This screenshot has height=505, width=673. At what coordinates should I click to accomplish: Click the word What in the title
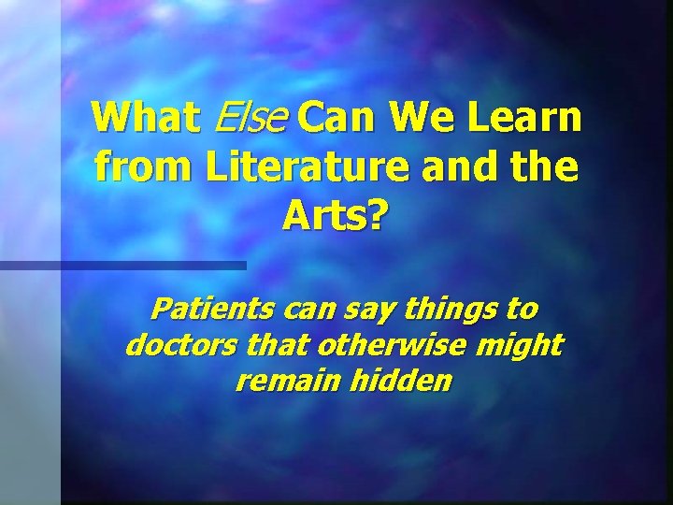tap(146, 119)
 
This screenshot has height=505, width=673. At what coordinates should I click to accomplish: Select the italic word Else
tap(251, 119)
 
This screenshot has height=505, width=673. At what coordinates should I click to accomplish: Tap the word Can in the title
tap(342, 119)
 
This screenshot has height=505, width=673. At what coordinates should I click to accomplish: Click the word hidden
tap(405, 382)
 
